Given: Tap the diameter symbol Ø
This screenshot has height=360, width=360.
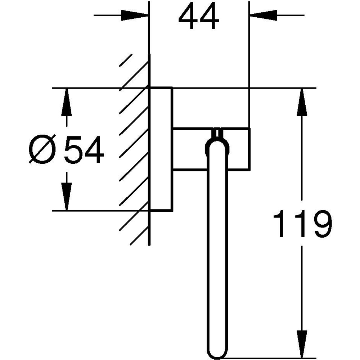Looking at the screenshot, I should [43, 149].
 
